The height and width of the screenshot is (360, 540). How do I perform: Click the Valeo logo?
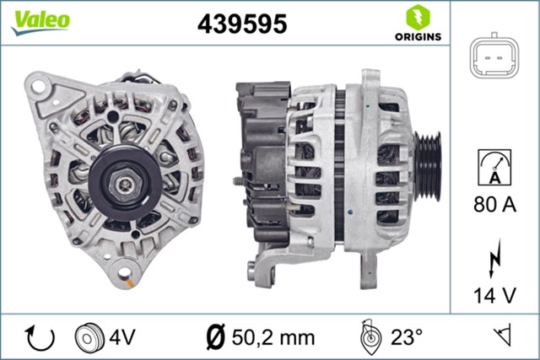pyautogui.click(x=40, y=21)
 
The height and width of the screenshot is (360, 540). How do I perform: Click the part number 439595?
pyautogui.click(x=243, y=24)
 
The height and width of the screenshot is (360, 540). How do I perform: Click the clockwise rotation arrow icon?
pyautogui.click(x=40, y=337)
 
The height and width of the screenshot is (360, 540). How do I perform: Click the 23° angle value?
pyautogui.click(x=406, y=337)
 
